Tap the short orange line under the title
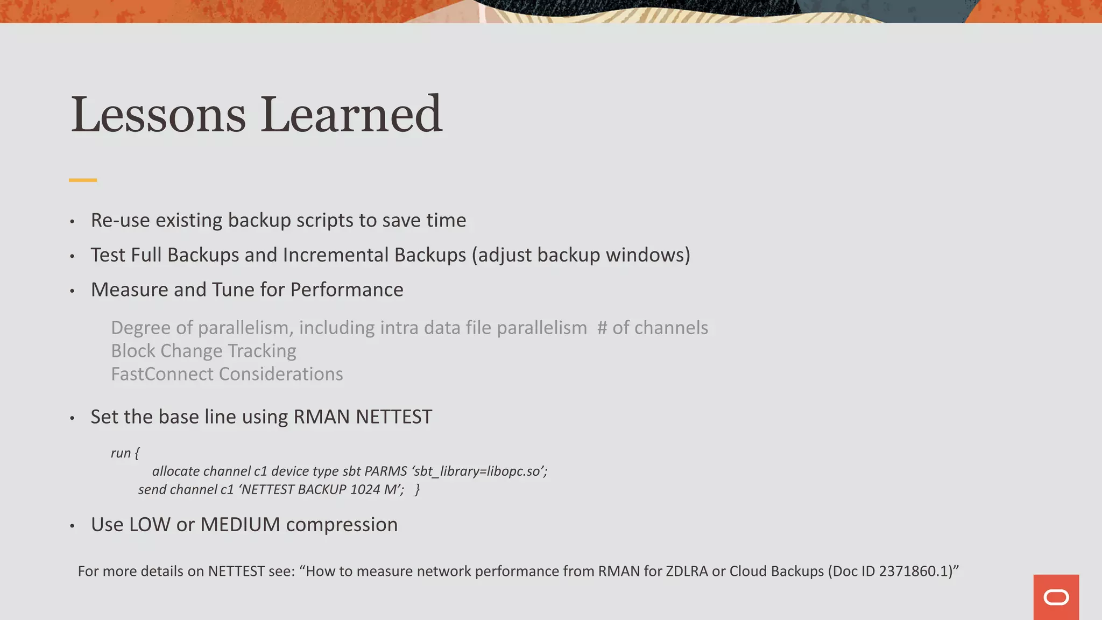point(83,180)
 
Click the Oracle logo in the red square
point(1056,597)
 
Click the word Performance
point(347,290)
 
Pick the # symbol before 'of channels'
point(602,328)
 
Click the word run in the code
point(121,453)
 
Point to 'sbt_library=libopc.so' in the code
point(479,471)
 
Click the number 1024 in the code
point(365,490)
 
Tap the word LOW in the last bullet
point(149,525)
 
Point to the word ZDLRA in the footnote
point(687,571)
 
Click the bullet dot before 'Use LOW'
point(72,526)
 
